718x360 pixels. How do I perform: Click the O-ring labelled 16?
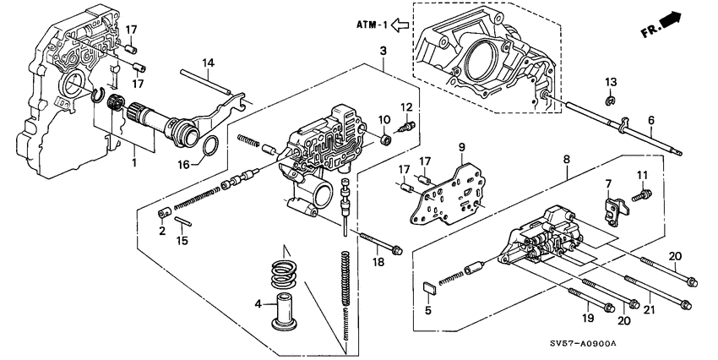click(215, 148)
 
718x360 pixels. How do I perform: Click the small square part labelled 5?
click(429, 286)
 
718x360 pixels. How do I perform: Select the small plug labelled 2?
click(166, 210)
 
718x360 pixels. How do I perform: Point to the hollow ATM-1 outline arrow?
click(400, 25)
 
